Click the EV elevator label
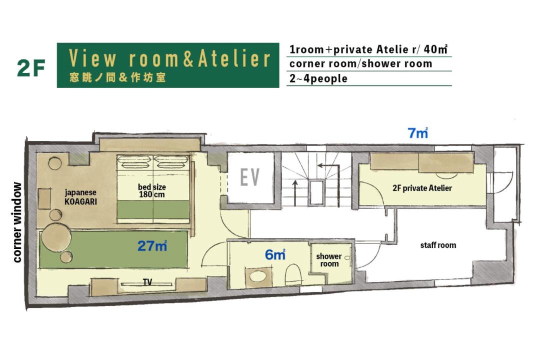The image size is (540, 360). click(249, 177)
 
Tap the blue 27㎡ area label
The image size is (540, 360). click(152, 246)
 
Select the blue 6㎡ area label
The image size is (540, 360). click(275, 254)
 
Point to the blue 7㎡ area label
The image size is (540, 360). click(417, 133)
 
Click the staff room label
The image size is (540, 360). click(438, 245)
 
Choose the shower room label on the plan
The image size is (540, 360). click(329, 260)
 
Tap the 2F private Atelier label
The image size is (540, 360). click(422, 188)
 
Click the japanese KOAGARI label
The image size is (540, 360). click(80, 196)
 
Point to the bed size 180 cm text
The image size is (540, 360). click(152, 191)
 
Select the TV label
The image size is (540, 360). click(147, 282)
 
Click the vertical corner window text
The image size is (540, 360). click(17, 222)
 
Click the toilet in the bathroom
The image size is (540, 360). click(293, 274)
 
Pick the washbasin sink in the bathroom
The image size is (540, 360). click(258, 276)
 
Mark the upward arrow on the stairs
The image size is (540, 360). click(295, 193)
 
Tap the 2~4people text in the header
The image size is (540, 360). click(318, 78)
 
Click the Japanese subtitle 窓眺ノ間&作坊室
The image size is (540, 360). click(117, 77)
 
